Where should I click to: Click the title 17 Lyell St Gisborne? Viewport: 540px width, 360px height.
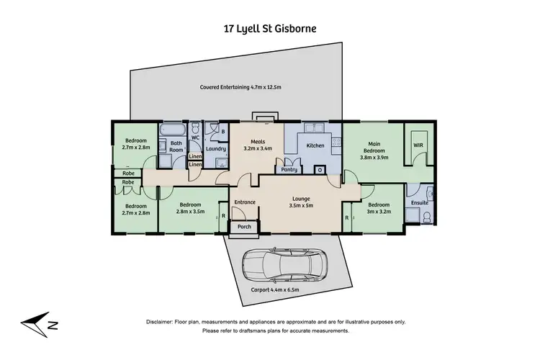coord(270,30)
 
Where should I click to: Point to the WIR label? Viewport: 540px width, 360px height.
coord(418,145)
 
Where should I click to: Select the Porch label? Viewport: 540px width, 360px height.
coord(243,228)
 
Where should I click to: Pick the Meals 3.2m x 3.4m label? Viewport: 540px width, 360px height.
coord(258,146)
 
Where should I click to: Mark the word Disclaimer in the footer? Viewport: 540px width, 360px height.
coord(163,322)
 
